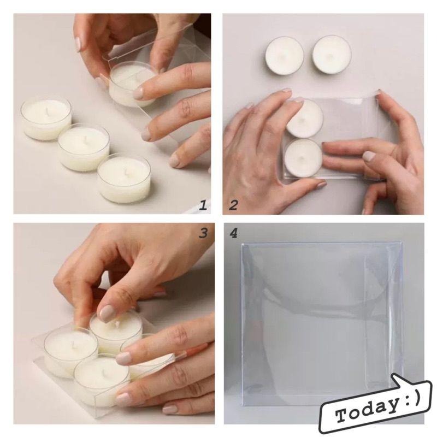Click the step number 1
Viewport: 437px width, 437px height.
tap(203, 206)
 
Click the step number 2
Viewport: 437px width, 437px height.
tap(233, 206)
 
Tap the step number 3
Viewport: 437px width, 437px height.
tap(203, 233)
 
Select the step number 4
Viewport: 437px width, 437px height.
tap(234, 233)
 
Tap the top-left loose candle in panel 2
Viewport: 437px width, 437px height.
tap(284, 56)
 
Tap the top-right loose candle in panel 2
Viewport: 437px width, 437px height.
tap(332, 54)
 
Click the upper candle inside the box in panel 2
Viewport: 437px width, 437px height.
tap(305, 119)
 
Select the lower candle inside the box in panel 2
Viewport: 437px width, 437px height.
tap(303, 158)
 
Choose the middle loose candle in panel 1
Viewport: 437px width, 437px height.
tap(84, 147)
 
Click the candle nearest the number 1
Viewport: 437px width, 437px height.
tap(124, 179)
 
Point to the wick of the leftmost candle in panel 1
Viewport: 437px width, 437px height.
tap(48, 111)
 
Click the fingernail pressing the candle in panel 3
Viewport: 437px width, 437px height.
tap(107, 312)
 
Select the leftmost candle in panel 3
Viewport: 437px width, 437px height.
tap(70, 352)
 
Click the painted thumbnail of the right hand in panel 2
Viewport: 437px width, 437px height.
tap(370, 156)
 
